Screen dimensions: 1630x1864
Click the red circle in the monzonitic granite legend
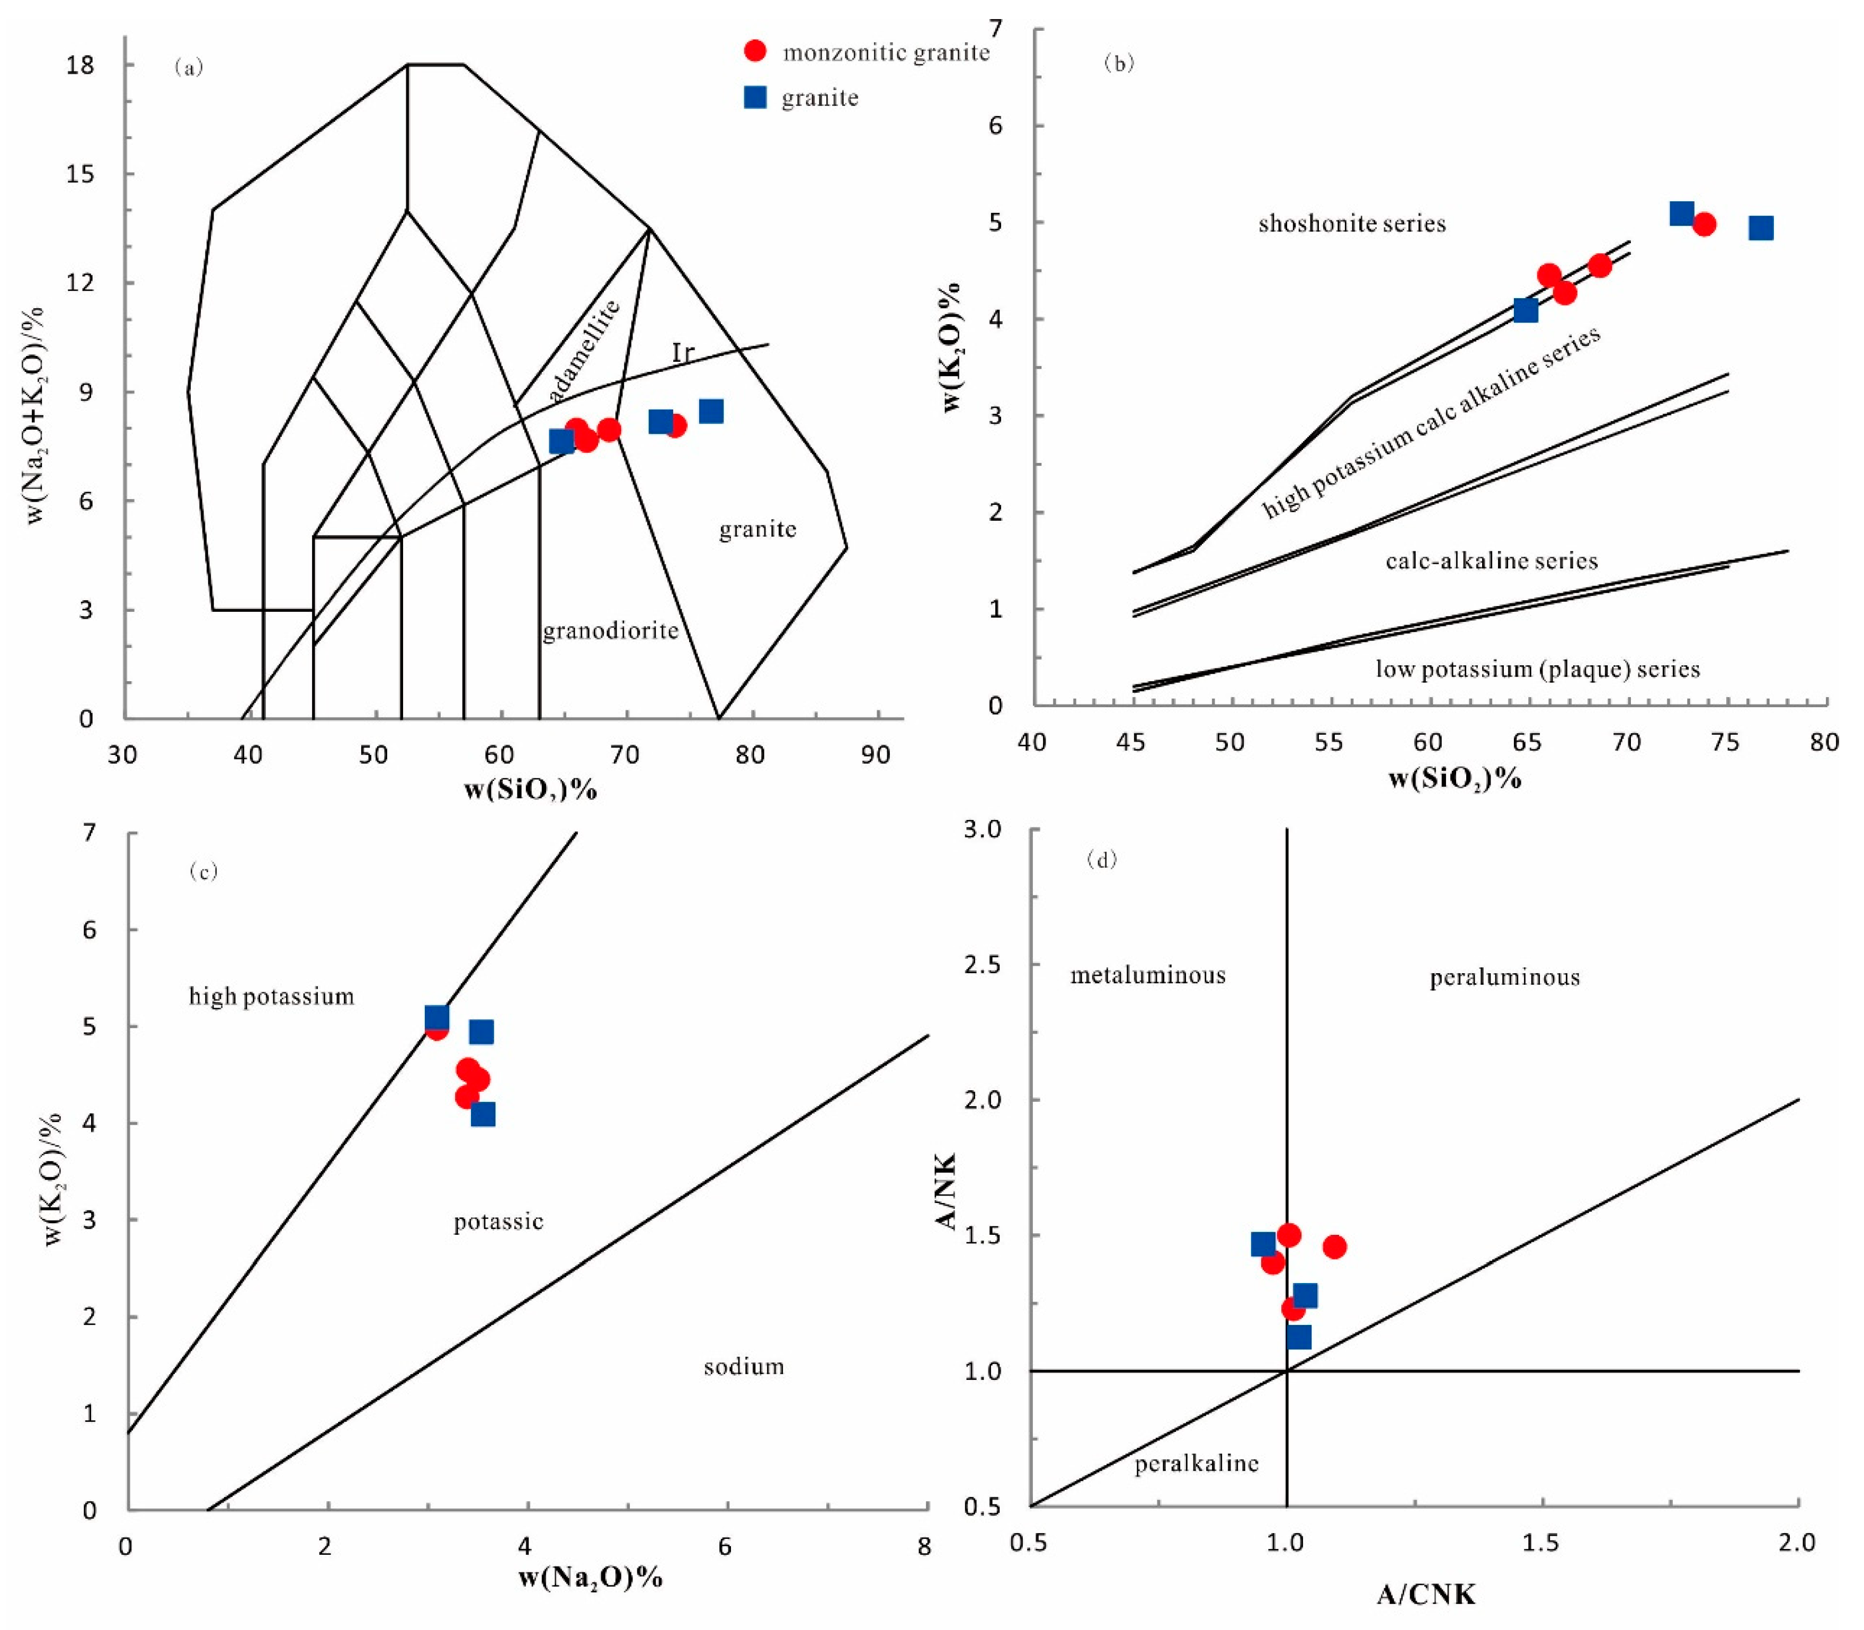[x=754, y=51]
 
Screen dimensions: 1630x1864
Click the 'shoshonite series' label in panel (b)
[x=1352, y=224]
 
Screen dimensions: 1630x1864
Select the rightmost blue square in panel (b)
[x=1761, y=227]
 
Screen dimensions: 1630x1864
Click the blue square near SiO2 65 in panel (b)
[x=1526, y=310]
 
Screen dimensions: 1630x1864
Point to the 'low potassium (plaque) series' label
[x=1537, y=670]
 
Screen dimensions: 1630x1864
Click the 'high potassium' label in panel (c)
[x=271, y=996]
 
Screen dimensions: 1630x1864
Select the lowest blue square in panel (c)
[x=483, y=1114]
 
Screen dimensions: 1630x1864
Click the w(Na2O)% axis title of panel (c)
[x=591, y=1576]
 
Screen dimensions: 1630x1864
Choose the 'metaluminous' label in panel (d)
[x=1147, y=975]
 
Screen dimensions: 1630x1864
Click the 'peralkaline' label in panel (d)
[x=1196, y=1463]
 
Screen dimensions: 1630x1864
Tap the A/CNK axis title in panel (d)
[x=1425, y=1593]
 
